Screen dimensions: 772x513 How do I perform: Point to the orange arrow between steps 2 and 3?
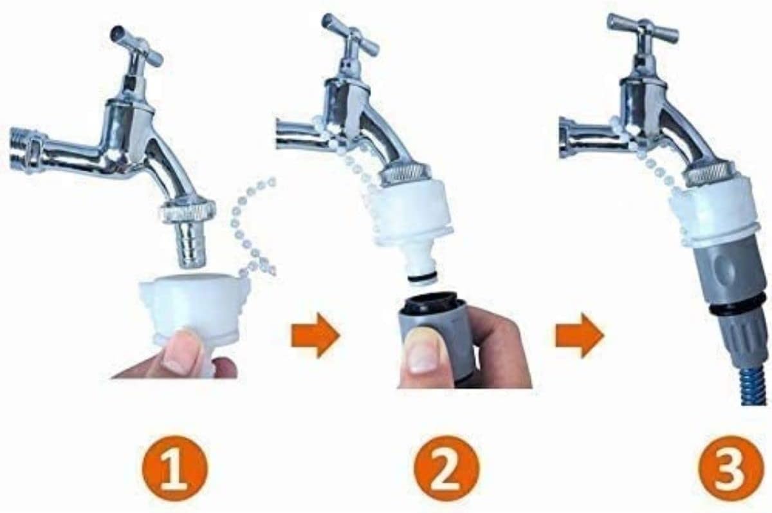click(580, 335)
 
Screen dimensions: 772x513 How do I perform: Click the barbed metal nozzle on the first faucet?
click(191, 245)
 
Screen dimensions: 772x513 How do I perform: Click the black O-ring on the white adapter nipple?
click(423, 278)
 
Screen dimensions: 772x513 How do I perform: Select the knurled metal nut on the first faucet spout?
click(187, 211)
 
